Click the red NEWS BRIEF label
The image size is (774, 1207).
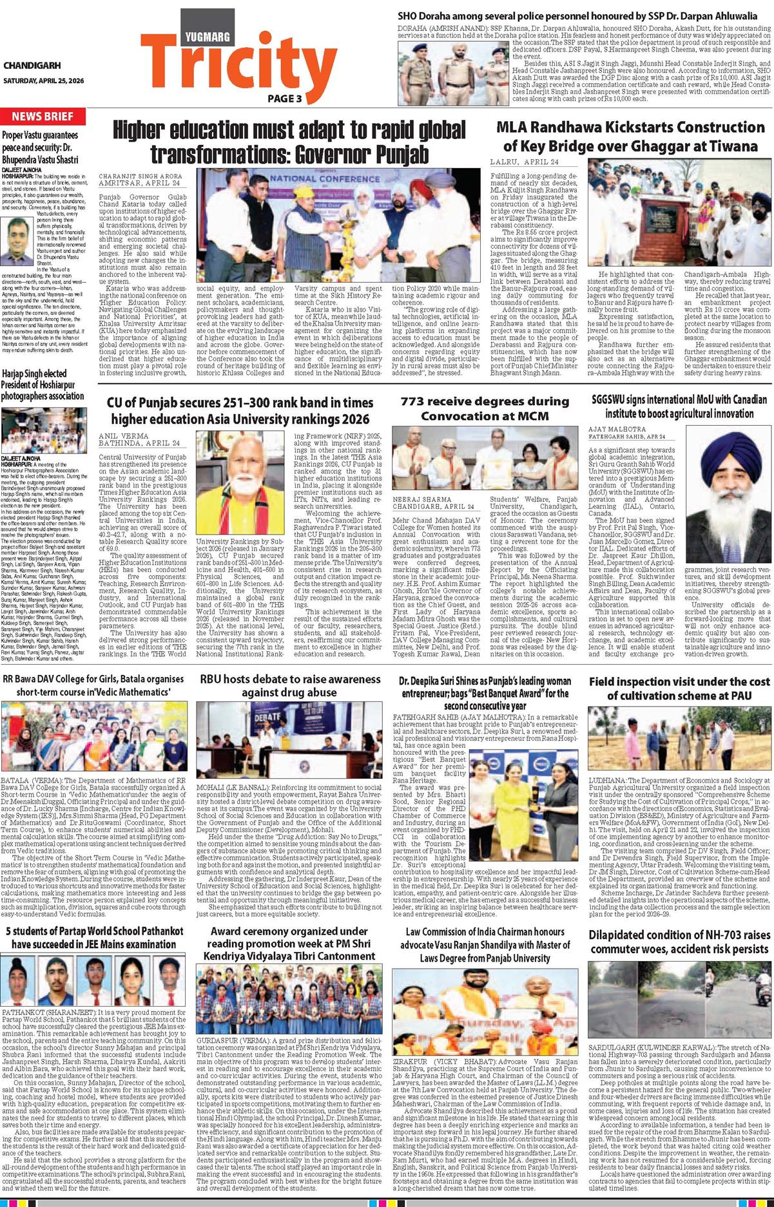pyautogui.click(x=43, y=117)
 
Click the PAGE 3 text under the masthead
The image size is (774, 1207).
pyautogui.click(x=284, y=99)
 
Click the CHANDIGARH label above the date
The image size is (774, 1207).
pyautogui.click(x=32, y=65)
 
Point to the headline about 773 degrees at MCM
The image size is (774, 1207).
pyautogui.click(x=485, y=408)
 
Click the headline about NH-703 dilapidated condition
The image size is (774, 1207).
pyautogui.click(x=679, y=942)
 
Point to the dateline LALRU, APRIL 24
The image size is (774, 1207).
pyautogui.click(x=524, y=162)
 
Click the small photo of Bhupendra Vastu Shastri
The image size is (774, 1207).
pyautogui.click(x=17, y=237)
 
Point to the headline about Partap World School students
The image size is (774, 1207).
pyautogui.click(x=94, y=938)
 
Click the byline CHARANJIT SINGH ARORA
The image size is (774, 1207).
pyautogui.click(x=140, y=176)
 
